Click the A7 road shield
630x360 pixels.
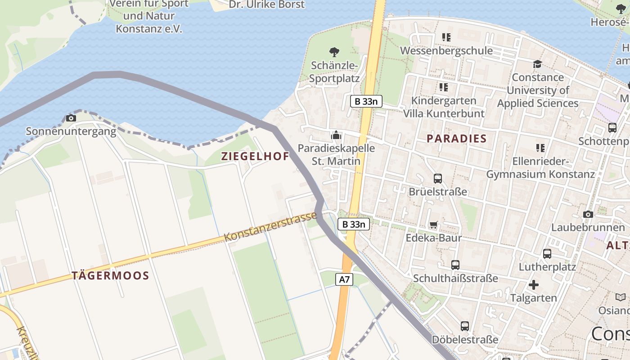click(344, 279)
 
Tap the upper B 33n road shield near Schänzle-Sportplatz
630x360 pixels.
click(366, 101)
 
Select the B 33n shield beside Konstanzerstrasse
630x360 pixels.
click(354, 224)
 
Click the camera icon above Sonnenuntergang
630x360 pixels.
click(71, 118)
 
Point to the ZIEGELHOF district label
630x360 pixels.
click(255, 157)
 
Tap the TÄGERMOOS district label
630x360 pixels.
click(110, 276)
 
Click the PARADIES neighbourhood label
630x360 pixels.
click(456, 139)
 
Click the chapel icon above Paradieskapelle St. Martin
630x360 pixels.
click(336, 135)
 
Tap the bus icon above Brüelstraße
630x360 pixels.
click(437, 178)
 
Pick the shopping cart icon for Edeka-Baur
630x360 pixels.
click(433, 225)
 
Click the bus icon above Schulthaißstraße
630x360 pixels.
click(455, 265)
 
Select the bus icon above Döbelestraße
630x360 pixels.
click(464, 326)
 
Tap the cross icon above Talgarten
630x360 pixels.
click(533, 285)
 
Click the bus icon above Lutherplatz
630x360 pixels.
click(547, 254)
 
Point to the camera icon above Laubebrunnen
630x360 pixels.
click(588, 214)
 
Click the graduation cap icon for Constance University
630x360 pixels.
click(537, 64)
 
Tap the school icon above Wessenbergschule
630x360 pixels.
click(446, 37)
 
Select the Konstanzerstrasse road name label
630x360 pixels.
click(270, 227)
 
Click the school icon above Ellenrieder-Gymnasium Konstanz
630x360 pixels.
click(540, 148)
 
